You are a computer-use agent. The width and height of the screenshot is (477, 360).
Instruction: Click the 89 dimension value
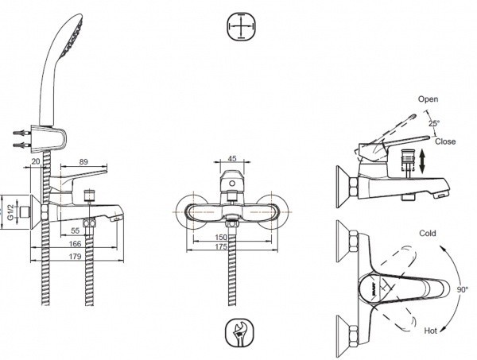[x=83, y=162]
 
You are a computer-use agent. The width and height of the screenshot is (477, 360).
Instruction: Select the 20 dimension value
[x=36, y=161]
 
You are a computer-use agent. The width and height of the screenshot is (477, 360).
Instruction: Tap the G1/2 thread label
[x=10, y=212]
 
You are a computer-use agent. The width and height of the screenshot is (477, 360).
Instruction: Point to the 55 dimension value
[x=76, y=230]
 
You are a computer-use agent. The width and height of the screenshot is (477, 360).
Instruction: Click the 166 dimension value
[x=76, y=244]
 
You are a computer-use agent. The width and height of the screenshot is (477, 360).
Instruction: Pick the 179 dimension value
[x=76, y=257]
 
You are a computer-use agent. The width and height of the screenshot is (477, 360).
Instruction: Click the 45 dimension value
[x=232, y=158]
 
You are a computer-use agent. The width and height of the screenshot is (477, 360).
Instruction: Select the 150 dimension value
[x=221, y=237]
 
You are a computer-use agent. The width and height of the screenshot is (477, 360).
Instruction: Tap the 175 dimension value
[x=221, y=246]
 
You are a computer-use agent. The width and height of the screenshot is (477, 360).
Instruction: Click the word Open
[x=428, y=99]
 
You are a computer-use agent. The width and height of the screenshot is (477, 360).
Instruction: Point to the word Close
[x=445, y=141]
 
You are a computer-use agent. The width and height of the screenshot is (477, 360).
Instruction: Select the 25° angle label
[x=434, y=123]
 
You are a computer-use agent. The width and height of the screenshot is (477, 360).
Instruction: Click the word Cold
[x=428, y=233]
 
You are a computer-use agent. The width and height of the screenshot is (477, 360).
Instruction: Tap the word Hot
[x=430, y=331]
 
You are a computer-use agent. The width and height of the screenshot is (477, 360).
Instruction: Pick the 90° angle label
[x=463, y=289]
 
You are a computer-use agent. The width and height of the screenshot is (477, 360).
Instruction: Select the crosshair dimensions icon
[x=241, y=26]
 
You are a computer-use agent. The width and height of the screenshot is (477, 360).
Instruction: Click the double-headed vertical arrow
[x=422, y=162]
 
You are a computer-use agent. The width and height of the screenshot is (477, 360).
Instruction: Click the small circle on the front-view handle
[x=232, y=184]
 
